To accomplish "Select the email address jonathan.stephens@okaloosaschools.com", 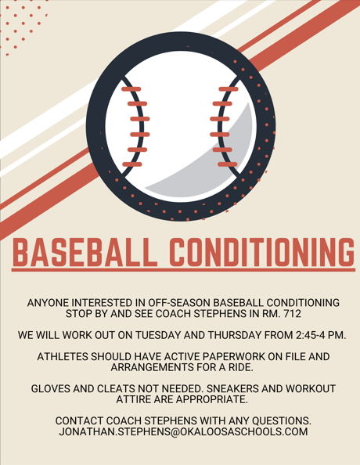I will (179, 432).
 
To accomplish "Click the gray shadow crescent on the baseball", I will (215, 168).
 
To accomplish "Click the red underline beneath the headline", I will (179, 271).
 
